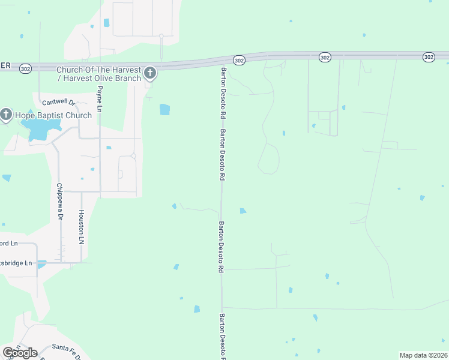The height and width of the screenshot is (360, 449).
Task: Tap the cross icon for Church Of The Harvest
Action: [150, 73]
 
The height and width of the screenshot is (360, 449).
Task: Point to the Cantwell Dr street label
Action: [58, 103]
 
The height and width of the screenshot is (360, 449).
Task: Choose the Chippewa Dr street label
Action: [59, 202]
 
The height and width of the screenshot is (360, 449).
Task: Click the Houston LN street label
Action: [81, 227]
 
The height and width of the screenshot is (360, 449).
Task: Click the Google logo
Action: [20, 352]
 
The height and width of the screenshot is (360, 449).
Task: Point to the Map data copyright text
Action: [423, 355]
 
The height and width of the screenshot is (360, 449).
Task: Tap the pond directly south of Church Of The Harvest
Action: [164, 109]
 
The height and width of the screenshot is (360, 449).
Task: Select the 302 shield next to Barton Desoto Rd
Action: [239, 60]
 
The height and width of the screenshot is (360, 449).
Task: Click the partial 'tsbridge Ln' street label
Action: [18, 263]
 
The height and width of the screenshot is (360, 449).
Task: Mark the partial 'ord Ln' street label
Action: [10, 243]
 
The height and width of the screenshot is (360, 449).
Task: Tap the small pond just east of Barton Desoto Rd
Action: [243, 211]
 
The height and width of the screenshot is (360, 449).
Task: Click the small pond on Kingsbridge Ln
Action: [42, 263]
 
